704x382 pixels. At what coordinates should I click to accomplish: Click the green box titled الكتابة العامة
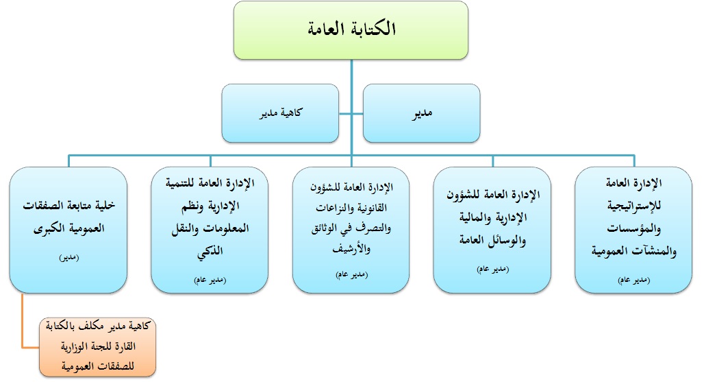351,30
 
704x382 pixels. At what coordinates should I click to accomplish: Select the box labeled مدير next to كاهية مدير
421,113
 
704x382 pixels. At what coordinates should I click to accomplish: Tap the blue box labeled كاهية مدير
280,113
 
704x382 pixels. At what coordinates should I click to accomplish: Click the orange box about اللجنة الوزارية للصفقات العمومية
97,347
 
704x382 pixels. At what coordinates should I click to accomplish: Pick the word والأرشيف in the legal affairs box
351,248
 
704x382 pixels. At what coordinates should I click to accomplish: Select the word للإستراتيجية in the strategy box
634,206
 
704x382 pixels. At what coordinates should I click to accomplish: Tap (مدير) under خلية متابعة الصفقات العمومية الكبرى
68,257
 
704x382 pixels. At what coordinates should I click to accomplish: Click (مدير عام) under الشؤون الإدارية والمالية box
492,269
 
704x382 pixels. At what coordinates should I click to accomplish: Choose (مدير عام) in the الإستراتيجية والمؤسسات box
633,280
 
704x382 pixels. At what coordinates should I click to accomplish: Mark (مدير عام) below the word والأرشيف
351,274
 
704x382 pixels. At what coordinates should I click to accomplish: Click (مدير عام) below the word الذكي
210,280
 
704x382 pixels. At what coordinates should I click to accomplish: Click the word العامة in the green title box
326,29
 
